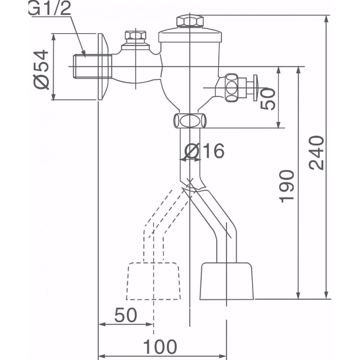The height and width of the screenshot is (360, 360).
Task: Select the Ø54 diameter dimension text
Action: click(42, 70)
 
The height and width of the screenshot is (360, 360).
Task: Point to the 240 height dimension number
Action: click(316, 152)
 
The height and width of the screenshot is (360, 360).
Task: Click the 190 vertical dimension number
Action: click(286, 186)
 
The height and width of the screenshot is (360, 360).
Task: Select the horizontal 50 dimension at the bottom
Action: click(126, 315)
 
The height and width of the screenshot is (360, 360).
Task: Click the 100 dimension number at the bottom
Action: click(160, 347)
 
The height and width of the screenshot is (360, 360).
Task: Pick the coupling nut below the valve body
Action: click(190, 121)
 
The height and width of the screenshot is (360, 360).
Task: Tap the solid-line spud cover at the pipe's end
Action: click(227, 281)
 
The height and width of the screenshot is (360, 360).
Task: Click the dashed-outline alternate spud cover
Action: click(154, 281)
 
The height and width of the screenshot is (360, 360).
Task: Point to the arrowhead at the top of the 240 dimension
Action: click(327, 18)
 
